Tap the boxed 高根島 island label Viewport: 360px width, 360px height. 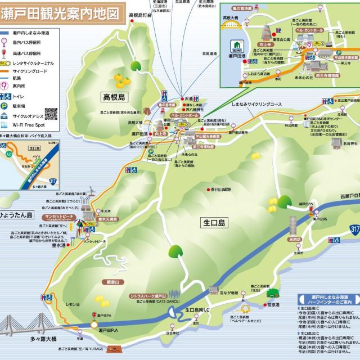click(116, 97)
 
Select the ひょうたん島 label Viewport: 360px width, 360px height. click(18, 215)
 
